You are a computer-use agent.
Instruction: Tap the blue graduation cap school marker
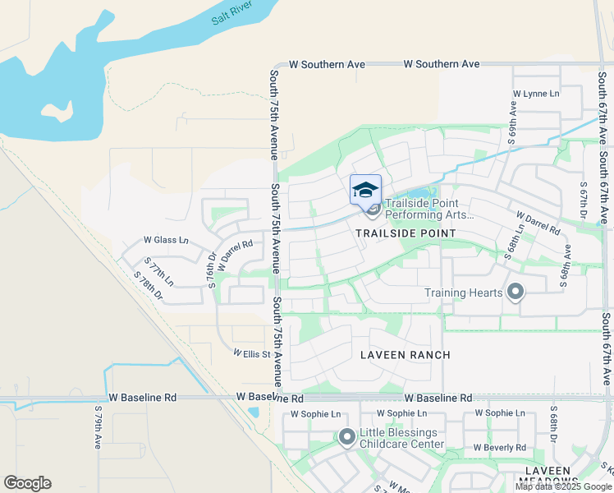[x=365, y=189]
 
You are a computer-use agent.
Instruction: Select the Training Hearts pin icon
[x=515, y=293]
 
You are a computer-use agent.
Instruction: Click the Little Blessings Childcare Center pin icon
[x=346, y=437]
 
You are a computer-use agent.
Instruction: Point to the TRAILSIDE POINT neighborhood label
[x=406, y=233]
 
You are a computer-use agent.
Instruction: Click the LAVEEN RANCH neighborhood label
[x=406, y=355]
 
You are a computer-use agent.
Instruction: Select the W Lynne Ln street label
[x=535, y=94]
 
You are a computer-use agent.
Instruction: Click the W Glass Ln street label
[x=166, y=240]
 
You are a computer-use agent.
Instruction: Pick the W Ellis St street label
[x=252, y=354]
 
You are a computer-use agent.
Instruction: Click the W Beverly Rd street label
[x=499, y=448]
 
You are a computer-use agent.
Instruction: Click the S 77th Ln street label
[x=159, y=271]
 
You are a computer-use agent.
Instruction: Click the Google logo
[x=27, y=483]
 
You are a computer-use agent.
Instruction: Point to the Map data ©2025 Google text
[x=563, y=486]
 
